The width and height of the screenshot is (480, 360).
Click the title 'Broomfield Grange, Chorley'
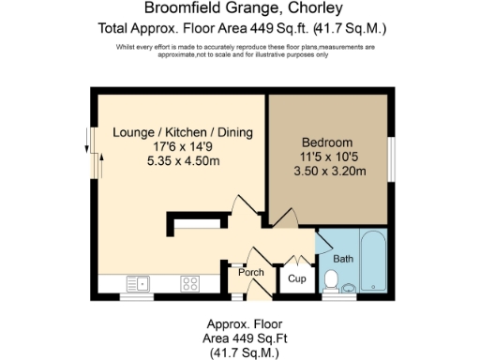click(x=239, y=10)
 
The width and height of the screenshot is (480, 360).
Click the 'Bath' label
click(x=342, y=258)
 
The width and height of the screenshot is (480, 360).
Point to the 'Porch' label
click(x=250, y=272)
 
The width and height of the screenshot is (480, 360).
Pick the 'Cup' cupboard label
click(x=296, y=278)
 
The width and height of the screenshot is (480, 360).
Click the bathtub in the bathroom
click(x=373, y=261)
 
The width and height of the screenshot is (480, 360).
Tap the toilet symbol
click(x=330, y=279)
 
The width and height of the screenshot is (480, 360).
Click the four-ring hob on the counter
click(x=189, y=282)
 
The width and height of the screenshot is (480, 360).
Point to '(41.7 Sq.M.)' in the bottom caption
click(x=239, y=352)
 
